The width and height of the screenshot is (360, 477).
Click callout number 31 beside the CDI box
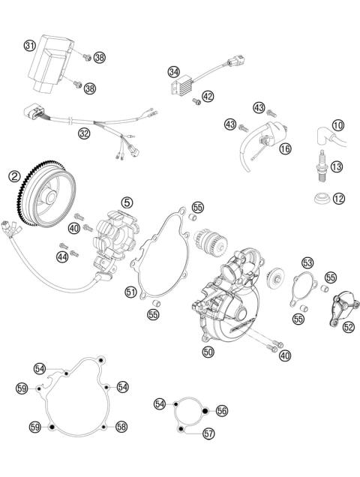(29, 45)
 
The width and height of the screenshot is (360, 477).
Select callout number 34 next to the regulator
(174, 73)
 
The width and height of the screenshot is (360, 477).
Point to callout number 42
(207, 95)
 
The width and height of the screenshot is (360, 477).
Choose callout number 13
(337, 166)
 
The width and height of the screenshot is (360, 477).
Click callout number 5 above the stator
(127, 202)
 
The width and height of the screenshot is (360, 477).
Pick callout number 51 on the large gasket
(130, 292)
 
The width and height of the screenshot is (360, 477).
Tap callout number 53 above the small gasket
(307, 262)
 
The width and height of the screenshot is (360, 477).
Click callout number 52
(348, 326)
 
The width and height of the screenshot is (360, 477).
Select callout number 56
(221, 410)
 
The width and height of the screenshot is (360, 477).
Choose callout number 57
(208, 433)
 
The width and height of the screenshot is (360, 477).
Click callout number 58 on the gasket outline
(122, 426)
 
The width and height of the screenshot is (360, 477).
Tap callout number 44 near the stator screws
(62, 257)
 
